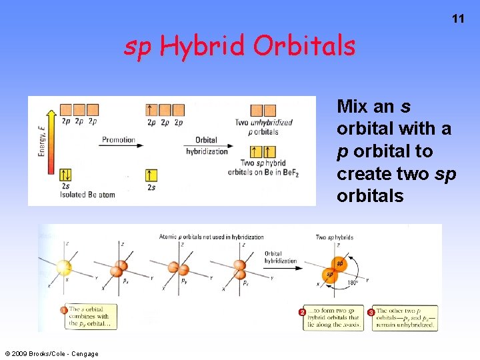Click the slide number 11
[458, 19]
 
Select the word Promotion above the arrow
[118, 140]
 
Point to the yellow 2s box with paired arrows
[65, 175]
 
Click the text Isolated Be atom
[87, 195]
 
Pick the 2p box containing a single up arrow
[151, 110]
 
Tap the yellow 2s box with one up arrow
[151, 175]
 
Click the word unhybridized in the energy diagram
[273, 123]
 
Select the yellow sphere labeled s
[64, 267]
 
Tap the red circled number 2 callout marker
[302, 312]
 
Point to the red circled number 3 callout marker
[371, 312]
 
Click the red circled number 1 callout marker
[64, 310]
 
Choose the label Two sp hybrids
[334, 237]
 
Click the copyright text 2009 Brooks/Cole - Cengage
[51, 353]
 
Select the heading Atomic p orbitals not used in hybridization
[211, 237]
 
